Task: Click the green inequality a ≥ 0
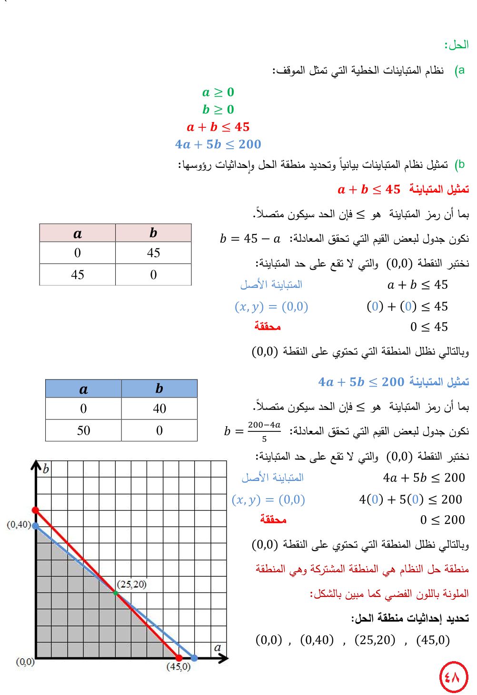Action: (x=218, y=92)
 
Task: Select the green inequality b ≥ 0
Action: (x=218, y=110)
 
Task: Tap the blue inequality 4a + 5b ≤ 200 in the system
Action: (x=218, y=144)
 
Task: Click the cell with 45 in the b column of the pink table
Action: (x=153, y=253)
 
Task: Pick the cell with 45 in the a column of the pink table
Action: (x=78, y=275)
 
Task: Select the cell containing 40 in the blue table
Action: (x=159, y=409)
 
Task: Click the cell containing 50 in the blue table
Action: (x=83, y=430)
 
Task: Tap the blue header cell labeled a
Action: (x=83, y=389)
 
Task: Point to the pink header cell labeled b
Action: (x=153, y=233)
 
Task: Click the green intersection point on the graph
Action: (x=116, y=593)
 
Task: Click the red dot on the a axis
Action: (x=179, y=658)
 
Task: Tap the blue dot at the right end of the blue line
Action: (x=194, y=658)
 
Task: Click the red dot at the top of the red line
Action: (x=36, y=511)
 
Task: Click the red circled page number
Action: (x=453, y=676)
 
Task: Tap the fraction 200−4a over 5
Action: (x=264, y=431)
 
